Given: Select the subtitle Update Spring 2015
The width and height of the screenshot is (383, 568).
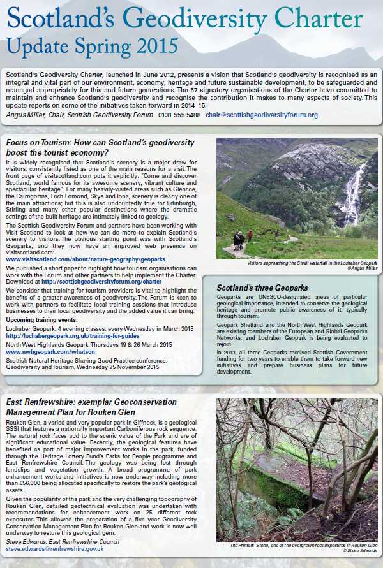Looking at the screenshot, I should pos(93,45).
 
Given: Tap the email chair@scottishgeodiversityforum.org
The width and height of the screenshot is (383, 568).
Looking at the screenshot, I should pos(262,115).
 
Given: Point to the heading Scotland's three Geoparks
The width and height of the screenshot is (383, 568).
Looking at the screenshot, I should pos(262,288).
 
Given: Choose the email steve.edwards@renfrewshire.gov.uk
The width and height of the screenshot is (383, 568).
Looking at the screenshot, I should pos(55,548).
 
